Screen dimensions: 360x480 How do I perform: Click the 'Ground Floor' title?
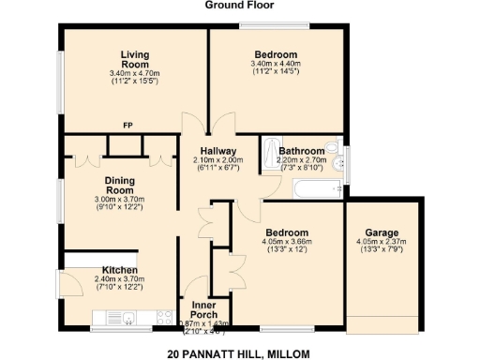(239, 5)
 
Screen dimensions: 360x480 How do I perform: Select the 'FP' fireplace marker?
(127, 124)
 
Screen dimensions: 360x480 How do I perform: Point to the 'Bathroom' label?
(301, 150)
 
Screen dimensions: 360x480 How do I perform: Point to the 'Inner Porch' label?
(204, 308)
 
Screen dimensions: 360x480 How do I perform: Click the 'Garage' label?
(382, 232)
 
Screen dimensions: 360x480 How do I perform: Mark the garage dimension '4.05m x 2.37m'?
(382, 242)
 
